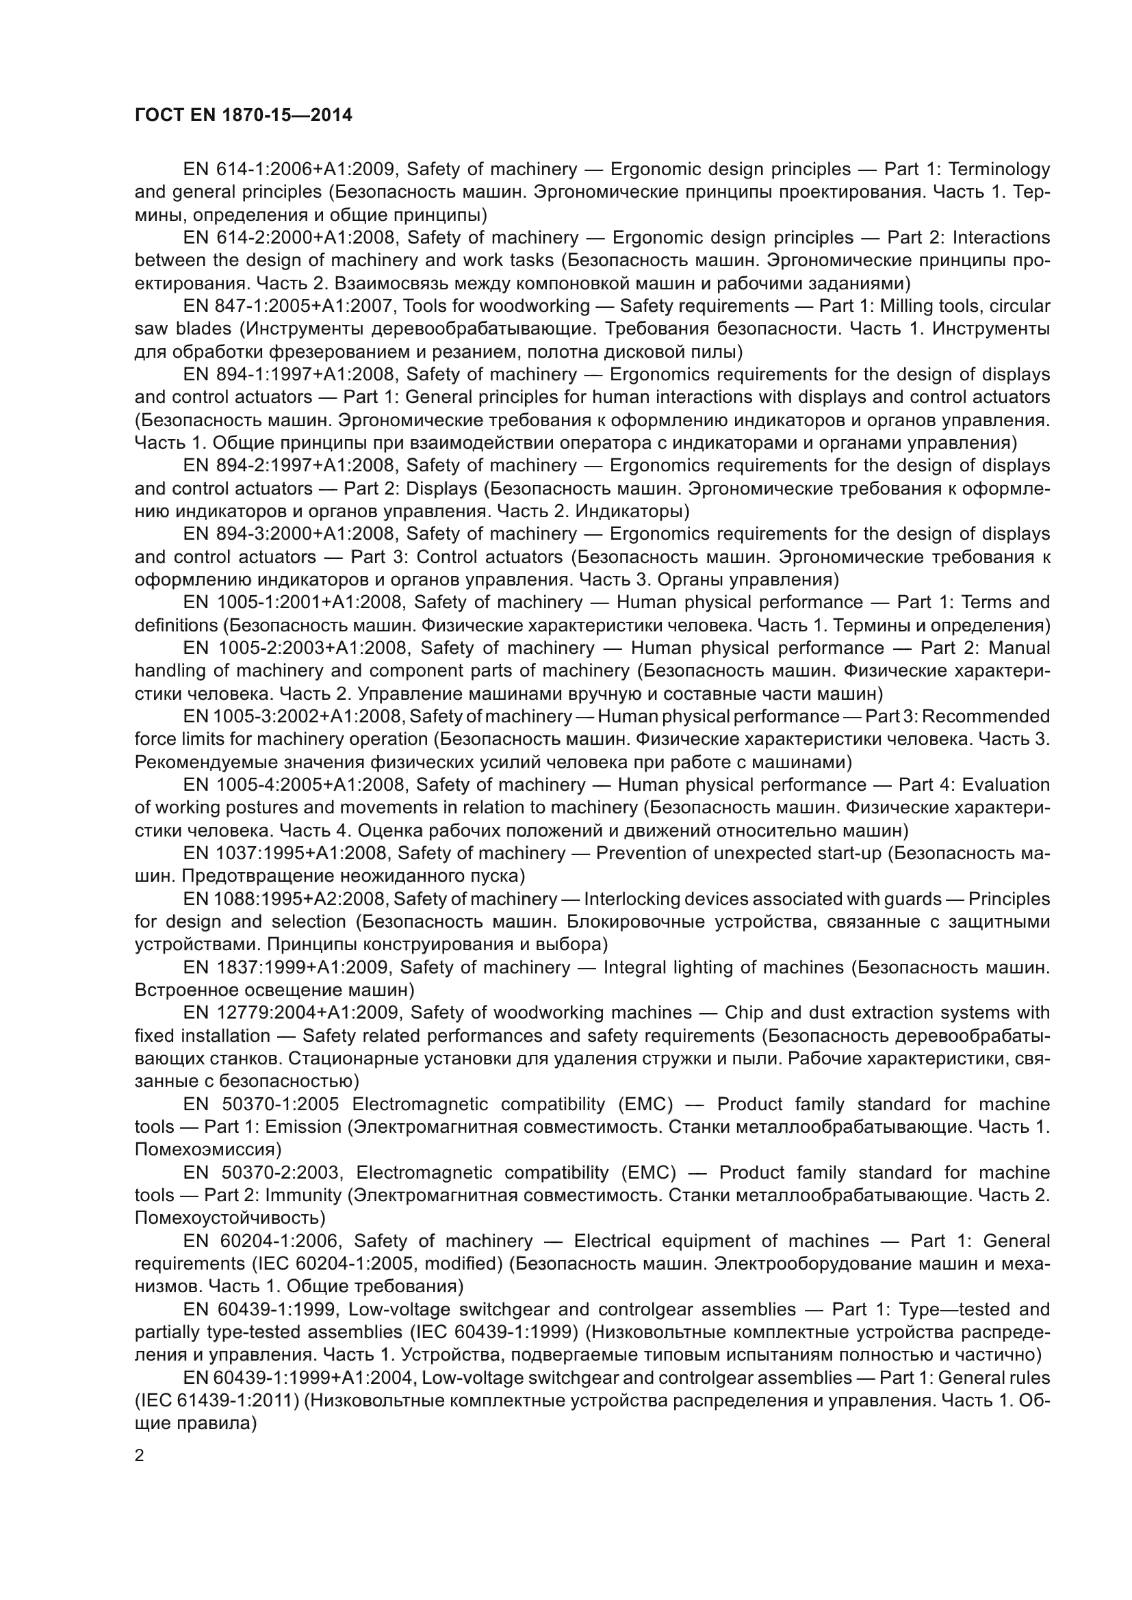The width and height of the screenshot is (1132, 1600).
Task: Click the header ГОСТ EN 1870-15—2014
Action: [243, 115]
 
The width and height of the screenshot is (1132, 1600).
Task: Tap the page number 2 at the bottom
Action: [140, 1455]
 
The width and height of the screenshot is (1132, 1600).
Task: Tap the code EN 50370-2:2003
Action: [262, 1172]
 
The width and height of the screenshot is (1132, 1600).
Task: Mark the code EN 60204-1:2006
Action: [261, 1240]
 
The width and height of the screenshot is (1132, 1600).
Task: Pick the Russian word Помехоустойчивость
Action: [230, 1218]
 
